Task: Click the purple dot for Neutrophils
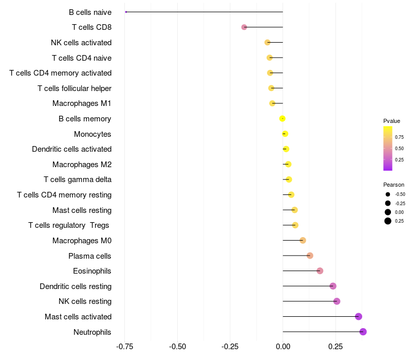363,332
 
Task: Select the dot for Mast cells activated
359,316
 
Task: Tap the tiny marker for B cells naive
126,12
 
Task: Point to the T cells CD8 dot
244,27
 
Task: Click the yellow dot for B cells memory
282,119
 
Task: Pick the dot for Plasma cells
310,256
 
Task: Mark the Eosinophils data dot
320,271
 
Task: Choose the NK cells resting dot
337,301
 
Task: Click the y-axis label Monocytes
92,134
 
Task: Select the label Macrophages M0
82,241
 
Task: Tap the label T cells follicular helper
74,88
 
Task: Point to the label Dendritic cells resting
76,286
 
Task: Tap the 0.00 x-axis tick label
283,347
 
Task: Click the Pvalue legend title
391,121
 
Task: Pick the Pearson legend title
394,185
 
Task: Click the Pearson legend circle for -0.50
388,194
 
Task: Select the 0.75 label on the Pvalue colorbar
399,137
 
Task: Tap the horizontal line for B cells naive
206,12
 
